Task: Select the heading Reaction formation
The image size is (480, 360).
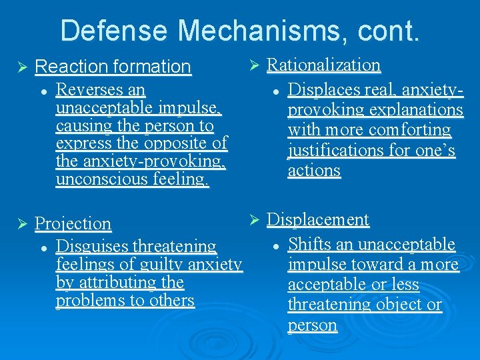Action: tap(113, 67)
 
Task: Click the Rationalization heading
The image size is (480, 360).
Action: tap(324, 65)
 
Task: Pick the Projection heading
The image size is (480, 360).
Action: tap(73, 223)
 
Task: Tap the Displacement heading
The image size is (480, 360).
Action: tap(318, 219)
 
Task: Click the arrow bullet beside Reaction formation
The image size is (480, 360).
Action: tap(20, 67)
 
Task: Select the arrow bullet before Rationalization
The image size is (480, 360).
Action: tap(253, 65)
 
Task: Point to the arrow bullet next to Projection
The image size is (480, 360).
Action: tap(20, 224)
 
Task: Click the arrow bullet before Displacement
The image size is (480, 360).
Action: tap(253, 220)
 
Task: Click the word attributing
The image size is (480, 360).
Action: tap(116, 283)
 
